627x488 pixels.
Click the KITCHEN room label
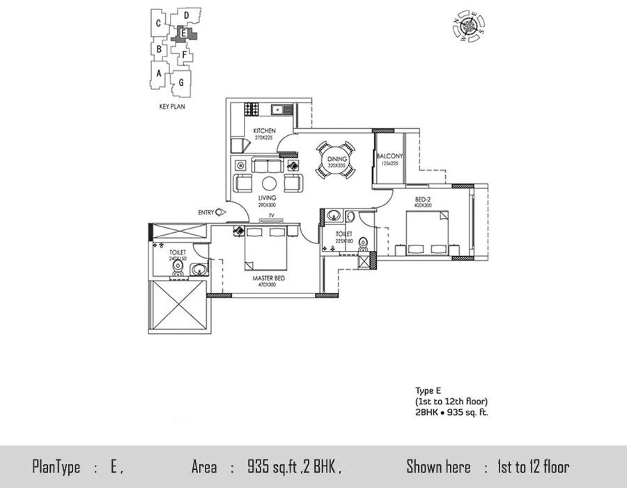tap(264, 130)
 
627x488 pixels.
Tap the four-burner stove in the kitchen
tap(251, 109)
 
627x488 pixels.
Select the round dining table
tap(337, 162)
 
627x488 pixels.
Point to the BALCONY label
tap(389, 156)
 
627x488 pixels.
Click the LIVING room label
tap(247, 198)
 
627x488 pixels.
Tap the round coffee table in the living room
tap(270, 183)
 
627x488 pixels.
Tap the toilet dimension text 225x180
tap(343, 242)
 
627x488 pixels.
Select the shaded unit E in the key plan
tap(184, 33)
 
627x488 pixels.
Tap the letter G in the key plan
tap(182, 82)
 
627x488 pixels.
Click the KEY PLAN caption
tap(171, 107)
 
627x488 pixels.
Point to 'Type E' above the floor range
tap(424, 392)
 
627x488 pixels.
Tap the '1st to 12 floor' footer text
tap(533, 467)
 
